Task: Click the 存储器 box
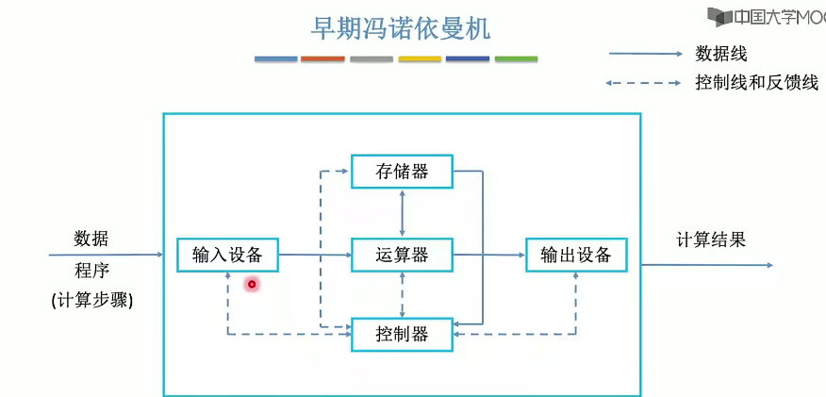402,172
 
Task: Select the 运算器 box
402,255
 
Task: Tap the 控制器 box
402,334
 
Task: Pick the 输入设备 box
227,255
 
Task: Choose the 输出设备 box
575,255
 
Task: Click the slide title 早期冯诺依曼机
401,28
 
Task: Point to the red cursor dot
252,284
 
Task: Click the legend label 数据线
721,54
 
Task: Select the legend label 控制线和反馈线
756,83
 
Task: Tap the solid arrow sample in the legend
644,54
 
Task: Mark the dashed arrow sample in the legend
644,83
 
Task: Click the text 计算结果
711,240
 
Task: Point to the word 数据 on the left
91,238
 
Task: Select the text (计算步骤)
92,301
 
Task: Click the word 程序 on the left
92,271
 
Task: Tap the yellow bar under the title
420,58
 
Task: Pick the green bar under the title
516,58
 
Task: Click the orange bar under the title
323,58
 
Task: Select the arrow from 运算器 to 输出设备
488,255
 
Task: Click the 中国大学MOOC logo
767,17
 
